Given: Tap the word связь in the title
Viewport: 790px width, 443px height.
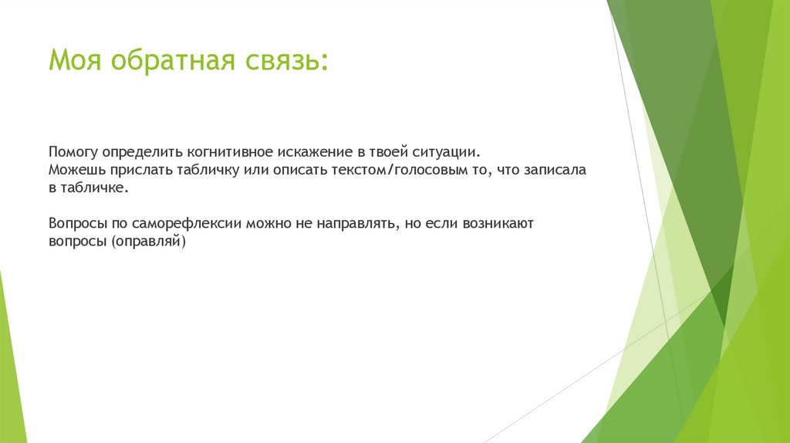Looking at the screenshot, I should tap(285, 60).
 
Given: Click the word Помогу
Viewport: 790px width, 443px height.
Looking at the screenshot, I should tap(73, 150).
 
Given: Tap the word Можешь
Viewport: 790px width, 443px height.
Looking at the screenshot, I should tap(74, 170).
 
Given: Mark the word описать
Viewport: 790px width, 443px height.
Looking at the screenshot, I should tap(290, 170).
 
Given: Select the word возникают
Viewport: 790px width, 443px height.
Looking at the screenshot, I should tap(504, 225).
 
